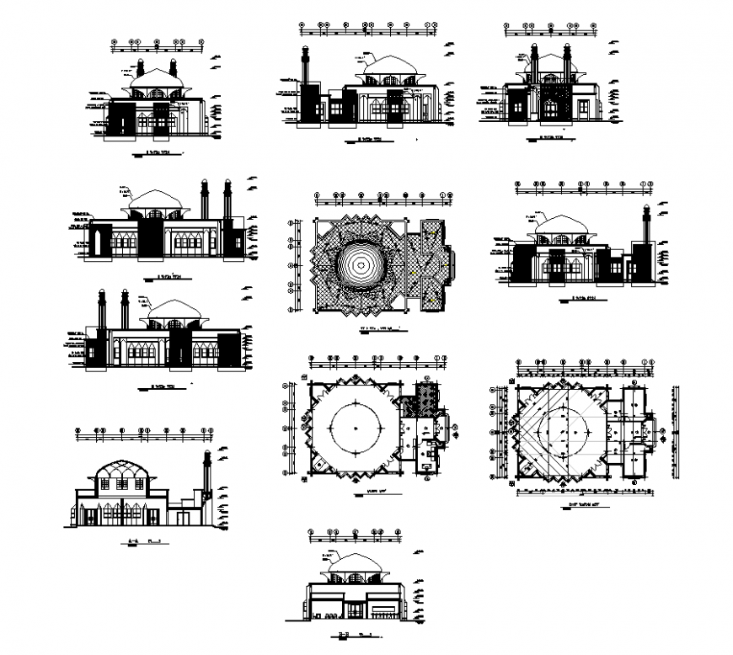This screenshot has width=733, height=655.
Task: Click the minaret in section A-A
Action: (206, 476)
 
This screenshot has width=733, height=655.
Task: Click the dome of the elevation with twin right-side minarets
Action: (156, 200)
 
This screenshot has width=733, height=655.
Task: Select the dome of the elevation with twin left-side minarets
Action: (173, 309)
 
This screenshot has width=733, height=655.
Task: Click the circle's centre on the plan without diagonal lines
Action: (357, 430)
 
